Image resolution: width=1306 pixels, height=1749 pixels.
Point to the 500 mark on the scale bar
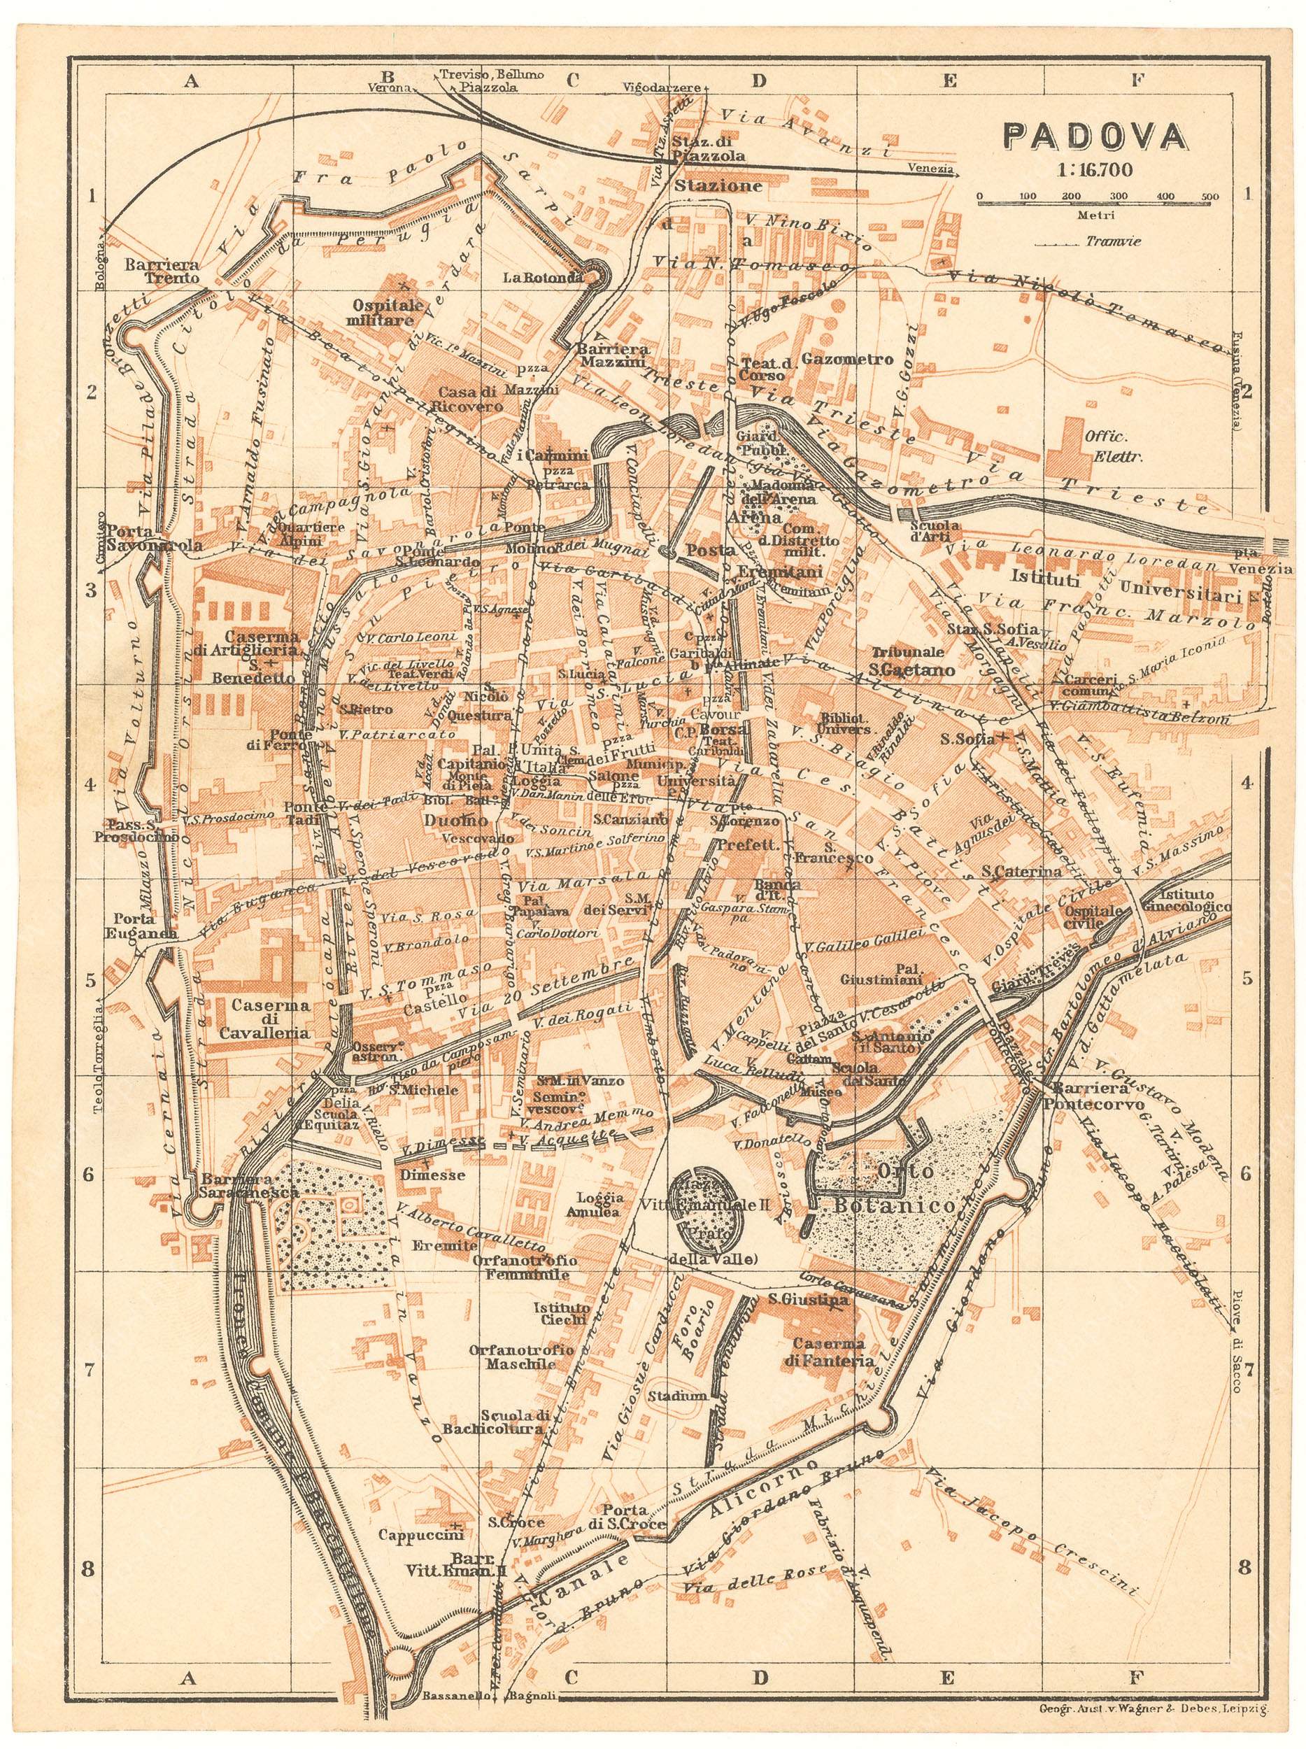1209,196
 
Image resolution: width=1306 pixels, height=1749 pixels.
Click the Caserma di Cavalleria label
271,1019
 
